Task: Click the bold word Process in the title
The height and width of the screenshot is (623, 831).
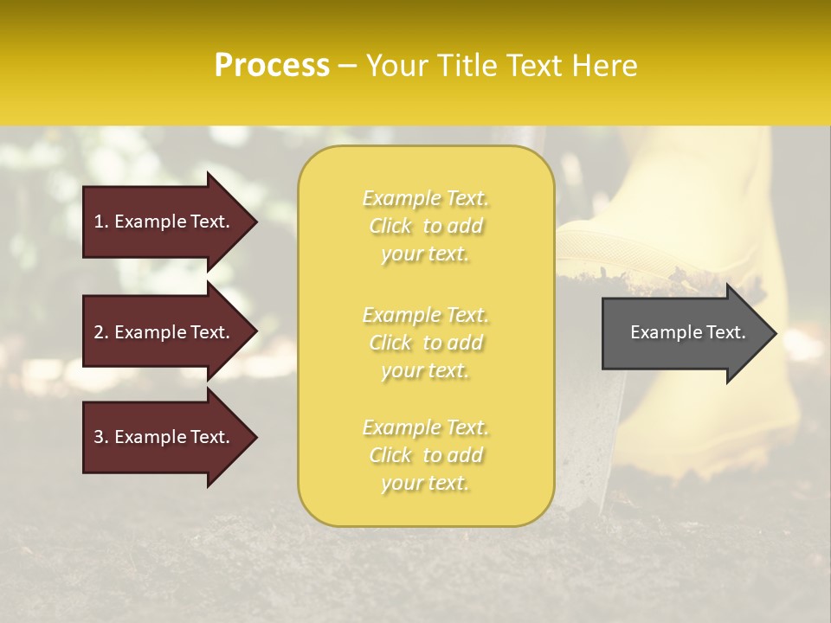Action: pos(272,66)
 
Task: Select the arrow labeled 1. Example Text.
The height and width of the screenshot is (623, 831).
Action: pos(164,222)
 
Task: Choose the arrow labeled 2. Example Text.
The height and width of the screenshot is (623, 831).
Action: pos(164,332)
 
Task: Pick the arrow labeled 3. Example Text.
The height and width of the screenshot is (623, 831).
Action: pos(164,437)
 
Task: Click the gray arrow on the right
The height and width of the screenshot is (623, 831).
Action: pos(684,333)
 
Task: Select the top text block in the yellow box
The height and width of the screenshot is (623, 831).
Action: pos(425,226)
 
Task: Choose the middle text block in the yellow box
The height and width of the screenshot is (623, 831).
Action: pos(425,343)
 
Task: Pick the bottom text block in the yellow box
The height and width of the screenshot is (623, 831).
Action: pos(425,455)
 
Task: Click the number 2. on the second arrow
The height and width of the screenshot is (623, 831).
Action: pos(101,332)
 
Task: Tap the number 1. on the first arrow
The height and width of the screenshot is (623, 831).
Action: pos(101,222)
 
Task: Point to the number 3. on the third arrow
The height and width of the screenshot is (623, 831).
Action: pos(101,437)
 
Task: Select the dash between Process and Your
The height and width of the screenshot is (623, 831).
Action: pos(347,67)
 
